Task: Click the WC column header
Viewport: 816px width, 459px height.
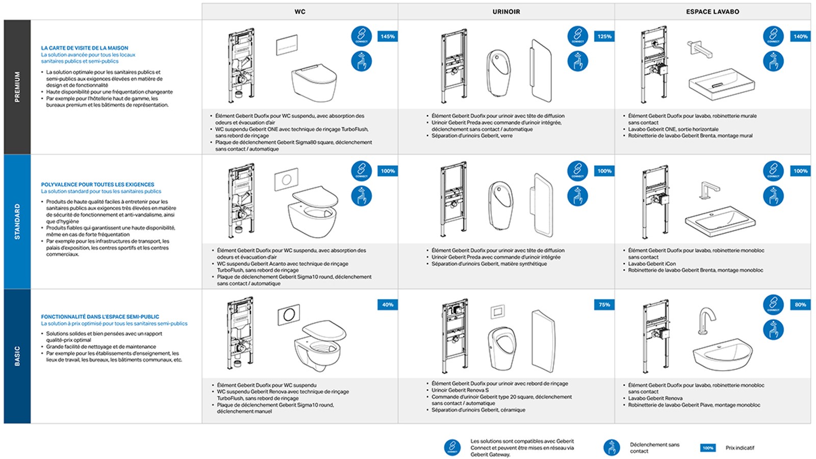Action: tap(300, 11)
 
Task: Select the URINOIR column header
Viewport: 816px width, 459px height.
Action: tap(506, 11)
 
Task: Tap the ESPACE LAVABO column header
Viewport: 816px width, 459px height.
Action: tap(712, 11)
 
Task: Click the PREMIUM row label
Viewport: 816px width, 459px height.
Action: tap(17, 87)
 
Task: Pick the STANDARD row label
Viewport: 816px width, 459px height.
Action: tap(17, 221)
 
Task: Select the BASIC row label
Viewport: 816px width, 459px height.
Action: tap(17, 356)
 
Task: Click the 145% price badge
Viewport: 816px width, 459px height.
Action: tap(388, 36)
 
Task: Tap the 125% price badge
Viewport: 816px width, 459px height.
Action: tap(604, 36)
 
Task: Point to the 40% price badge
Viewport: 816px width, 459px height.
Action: tap(388, 304)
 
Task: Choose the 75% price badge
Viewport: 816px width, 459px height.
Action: tap(604, 304)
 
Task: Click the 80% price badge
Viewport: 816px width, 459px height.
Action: tap(800, 304)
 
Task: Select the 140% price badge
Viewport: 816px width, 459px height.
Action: tap(800, 36)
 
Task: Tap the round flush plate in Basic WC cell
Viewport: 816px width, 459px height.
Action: tap(289, 316)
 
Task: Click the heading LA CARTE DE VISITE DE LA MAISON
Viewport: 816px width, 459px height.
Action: tap(85, 48)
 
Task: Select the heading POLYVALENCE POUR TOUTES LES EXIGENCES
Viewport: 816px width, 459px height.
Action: tap(97, 185)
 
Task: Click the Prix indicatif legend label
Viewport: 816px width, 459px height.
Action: tap(739, 448)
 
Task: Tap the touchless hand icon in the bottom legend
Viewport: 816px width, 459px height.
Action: tap(611, 447)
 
